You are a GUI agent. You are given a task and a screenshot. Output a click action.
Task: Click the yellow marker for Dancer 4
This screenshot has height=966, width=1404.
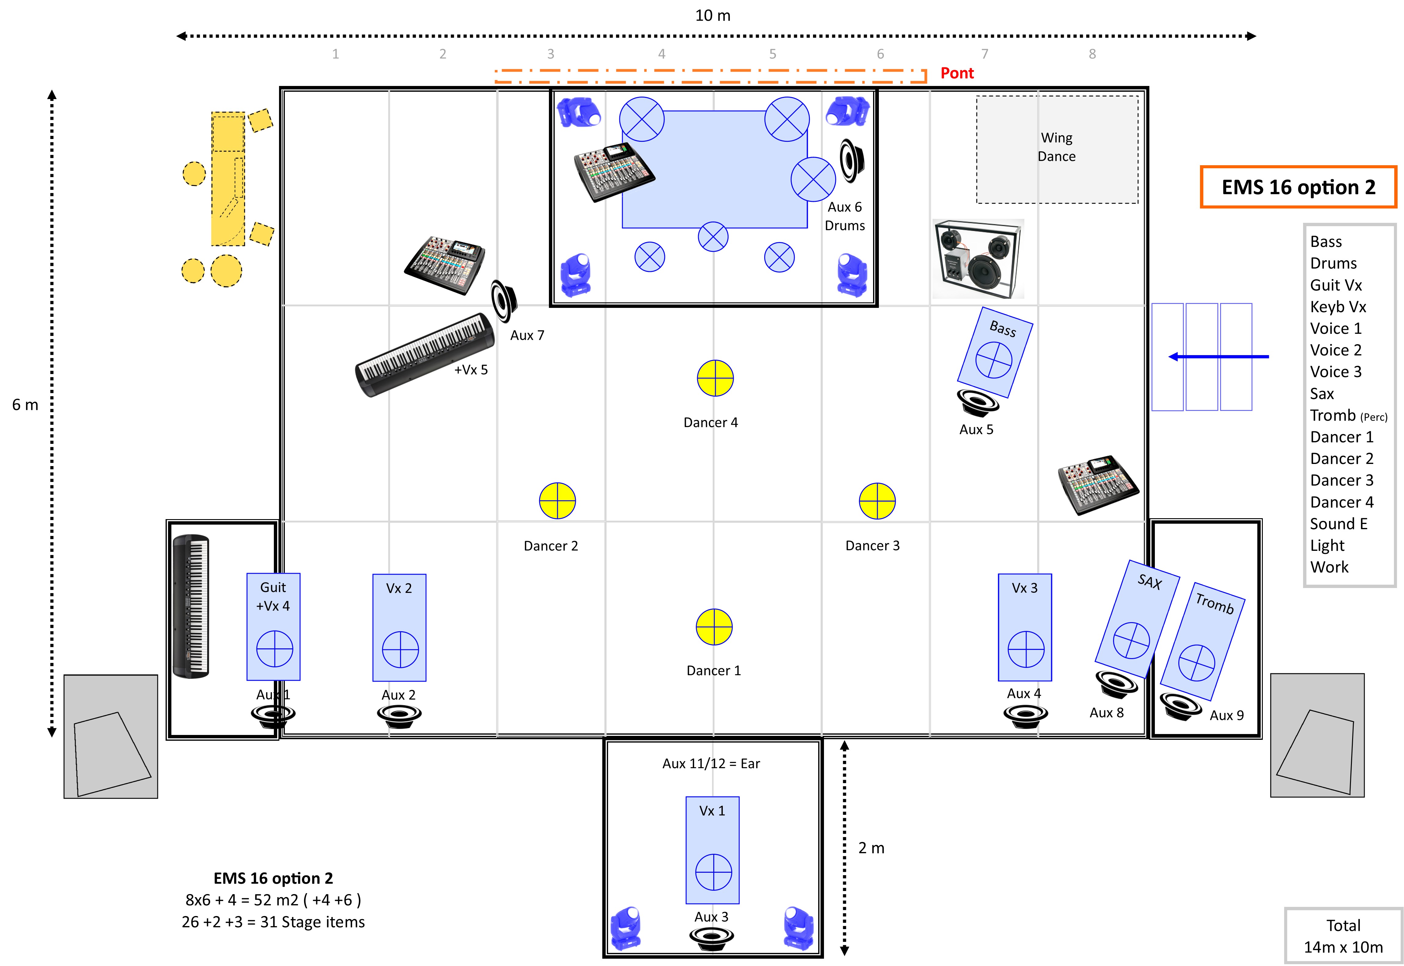click(715, 378)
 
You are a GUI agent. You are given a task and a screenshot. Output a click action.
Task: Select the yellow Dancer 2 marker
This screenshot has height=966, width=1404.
click(557, 501)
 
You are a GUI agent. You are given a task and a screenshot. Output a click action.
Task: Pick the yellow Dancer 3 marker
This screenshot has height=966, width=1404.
click(877, 501)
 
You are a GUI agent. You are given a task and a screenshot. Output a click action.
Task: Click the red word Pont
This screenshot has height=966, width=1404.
click(957, 73)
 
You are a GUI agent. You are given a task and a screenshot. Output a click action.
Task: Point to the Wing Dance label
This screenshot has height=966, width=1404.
click(1056, 147)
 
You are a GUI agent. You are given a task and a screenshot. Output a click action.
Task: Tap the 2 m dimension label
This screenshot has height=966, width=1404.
click(871, 848)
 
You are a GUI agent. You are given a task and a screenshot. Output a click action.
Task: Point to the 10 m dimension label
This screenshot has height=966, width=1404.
click(713, 16)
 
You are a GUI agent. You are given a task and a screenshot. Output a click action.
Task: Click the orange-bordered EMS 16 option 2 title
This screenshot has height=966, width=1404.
click(1298, 187)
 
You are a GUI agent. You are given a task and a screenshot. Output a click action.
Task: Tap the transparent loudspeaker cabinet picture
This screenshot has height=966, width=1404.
click(978, 259)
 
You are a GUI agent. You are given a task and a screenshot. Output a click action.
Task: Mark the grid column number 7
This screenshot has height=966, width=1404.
click(984, 54)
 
